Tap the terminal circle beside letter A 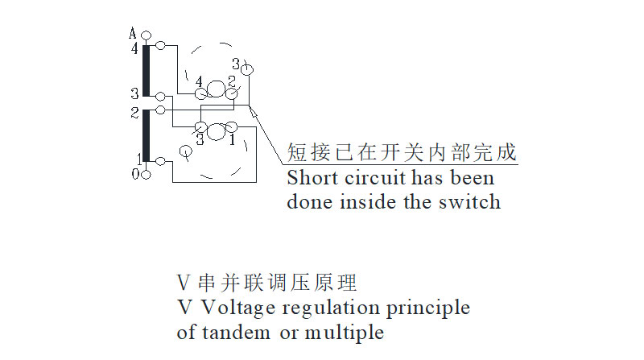click(x=145, y=35)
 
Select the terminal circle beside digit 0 click(x=145, y=174)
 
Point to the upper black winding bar click(x=146, y=72)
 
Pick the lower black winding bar click(x=146, y=135)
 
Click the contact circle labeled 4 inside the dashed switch click(x=199, y=93)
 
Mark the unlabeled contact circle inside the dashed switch click(x=185, y=151)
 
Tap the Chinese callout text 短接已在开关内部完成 click(x=401, y=152)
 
